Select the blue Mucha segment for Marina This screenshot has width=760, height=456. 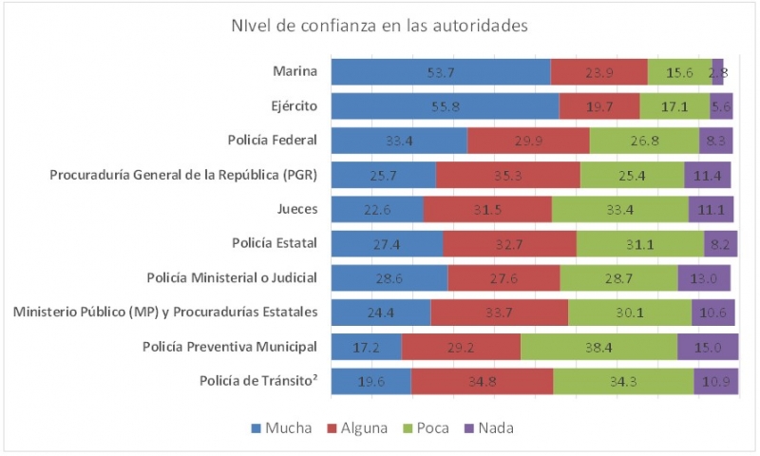click(x=440, y=72)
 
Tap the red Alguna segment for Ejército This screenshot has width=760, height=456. click(x=598, y=106)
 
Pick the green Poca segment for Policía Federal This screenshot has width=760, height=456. click(x=644, y=141)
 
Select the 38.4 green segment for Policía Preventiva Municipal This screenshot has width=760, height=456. click(x=598, y=348)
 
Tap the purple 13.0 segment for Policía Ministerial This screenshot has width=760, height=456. click(x=704, y=278)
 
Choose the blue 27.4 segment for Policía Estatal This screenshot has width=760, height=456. click(x=387, y=244)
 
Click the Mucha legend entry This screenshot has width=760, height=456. click(x=281, y=428)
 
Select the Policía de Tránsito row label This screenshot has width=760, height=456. click(x=257, y=381)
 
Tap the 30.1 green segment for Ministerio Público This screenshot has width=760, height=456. click(x=630, y=313)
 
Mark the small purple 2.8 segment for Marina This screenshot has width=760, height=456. click(x=718, y=72)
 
